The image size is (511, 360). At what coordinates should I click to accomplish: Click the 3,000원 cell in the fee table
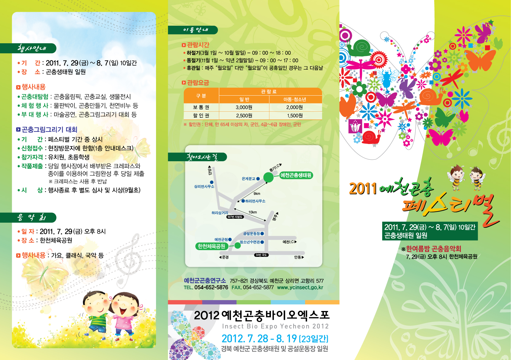[244, 107]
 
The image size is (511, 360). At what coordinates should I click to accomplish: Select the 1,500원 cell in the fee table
[295, 116]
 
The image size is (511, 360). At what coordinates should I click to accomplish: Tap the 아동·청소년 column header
[295, 99]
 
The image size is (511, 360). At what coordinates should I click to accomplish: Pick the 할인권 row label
[201, 116]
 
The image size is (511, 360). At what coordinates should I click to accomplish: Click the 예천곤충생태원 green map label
[296, 175]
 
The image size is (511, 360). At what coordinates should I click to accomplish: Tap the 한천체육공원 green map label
[211, 246]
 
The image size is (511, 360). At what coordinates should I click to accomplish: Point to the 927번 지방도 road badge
[235, 217]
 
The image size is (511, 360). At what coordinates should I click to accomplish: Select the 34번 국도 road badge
[262, 255]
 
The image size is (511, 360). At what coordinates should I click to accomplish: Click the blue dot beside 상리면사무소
[212, 182]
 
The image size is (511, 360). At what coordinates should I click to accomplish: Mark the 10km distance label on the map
[252, 212]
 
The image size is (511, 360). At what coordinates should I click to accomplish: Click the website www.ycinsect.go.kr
[300, 287]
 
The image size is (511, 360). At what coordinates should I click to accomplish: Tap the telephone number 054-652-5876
[211, 287]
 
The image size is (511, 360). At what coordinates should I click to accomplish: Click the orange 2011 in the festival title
[363, 188]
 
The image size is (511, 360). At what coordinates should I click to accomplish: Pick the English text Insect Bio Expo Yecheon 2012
[275, 326]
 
